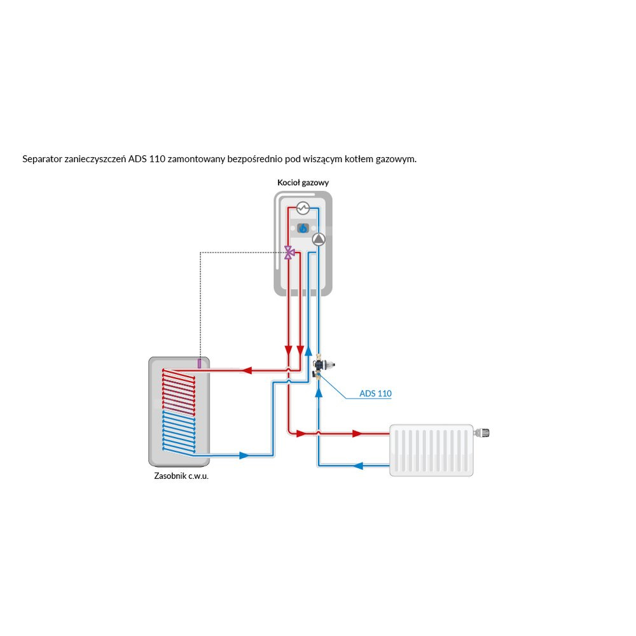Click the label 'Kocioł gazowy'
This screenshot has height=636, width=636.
[x=303, y=183]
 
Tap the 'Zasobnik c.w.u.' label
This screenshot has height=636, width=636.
[x=181, y=476]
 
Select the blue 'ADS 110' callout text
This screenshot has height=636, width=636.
[x=375, y=394]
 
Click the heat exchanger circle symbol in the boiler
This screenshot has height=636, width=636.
[x=303, y=208]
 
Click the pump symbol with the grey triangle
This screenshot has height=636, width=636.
[x=318, y=239]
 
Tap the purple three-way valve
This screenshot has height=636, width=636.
[x=289, y=252]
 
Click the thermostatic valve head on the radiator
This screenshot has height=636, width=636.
[x=484, y=434]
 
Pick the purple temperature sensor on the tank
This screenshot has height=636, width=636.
[x=199, y=363]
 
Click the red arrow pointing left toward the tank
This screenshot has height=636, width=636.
[x=249, y=370]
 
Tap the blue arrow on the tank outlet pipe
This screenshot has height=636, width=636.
[x=243, y=455]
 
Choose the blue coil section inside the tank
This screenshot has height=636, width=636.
[x=179, y=432]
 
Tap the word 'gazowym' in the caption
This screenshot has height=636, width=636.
[x=398, y=159]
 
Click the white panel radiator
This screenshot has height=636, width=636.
[x=432, y=450]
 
